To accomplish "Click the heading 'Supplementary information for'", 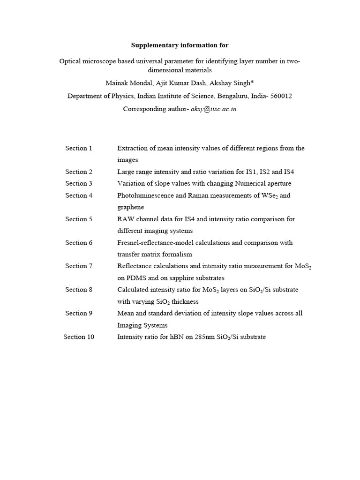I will coord(180,45).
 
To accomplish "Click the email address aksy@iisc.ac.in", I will coord(210,109).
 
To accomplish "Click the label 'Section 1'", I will coord(79,148).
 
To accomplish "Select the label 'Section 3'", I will coord(79,183).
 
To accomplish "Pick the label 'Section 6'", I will coord(79,242).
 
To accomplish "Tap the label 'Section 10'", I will coord(79,337).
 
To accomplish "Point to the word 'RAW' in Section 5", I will coord(126,219).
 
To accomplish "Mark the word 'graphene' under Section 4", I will coord(130,207).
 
